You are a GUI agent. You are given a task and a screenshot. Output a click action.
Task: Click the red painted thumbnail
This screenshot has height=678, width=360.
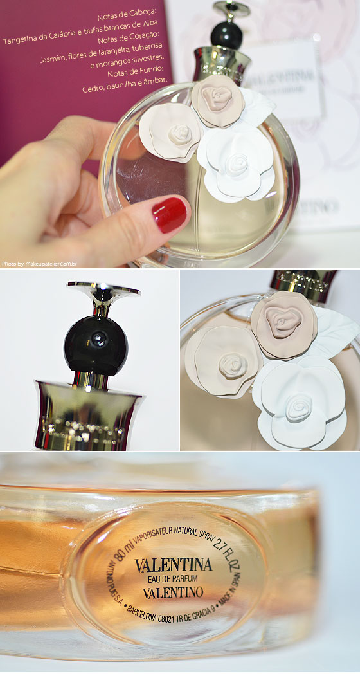(170, 214)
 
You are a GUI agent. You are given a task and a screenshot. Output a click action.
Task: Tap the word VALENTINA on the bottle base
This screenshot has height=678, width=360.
(174, 565)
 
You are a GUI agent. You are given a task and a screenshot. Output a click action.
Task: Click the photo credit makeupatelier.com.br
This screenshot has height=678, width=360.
(40, 264)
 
